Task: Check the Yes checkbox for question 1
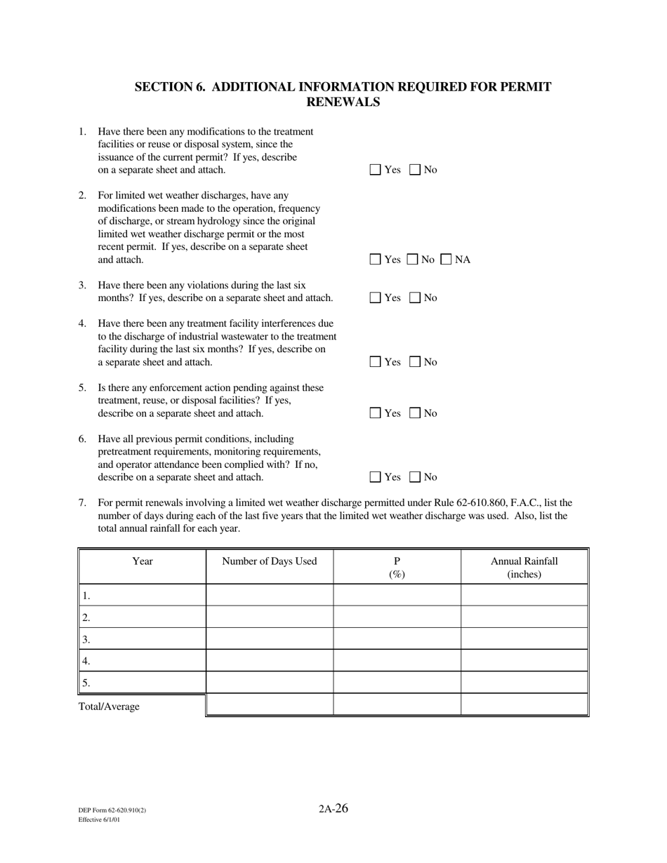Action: [x=376, y=170]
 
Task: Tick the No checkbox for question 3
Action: [x=415, y=297]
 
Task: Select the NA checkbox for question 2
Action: [x=447, y=260]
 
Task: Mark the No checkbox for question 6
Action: [x=415, y=477]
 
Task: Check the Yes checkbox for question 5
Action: [x=376, y=413]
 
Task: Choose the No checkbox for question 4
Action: [x=415, y=362]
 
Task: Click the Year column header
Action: [x=143, y=561]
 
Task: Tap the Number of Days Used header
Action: [x=270, y=561]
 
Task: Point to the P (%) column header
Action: [x=397, y=567]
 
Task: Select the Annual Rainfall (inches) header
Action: [x=524, y=567]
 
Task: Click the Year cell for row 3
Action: [x=143, y=639]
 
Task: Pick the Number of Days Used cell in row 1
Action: [x=270, y=596]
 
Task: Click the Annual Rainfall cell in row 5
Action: [x=524, y=683]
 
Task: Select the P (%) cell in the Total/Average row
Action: [x=397, y=704]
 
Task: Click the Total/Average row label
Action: [x=109, y=707]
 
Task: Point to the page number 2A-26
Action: [x=333, y=808]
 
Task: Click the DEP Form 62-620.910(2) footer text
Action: [x=112, y=810]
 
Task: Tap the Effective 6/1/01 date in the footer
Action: [x=99, y=819]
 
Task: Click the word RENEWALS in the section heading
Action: [x=343, y=102]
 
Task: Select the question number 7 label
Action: [x=82, y=503]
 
